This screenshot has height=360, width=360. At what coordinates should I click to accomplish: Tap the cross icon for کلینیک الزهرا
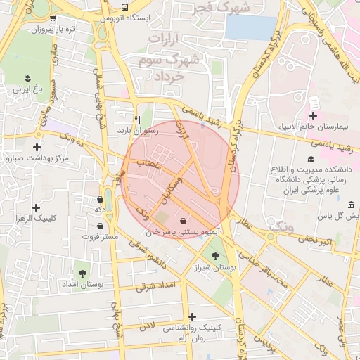(37, 208)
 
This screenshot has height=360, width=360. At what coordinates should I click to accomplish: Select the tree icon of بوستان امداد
(83, 272)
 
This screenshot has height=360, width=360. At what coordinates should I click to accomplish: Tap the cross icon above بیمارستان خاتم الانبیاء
(313, 115)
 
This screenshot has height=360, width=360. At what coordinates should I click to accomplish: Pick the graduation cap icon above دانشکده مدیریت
(307, 160)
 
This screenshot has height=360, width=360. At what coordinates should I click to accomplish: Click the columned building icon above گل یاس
(351, 205)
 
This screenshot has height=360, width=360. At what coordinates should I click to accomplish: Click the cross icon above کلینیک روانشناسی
(192, 316)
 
